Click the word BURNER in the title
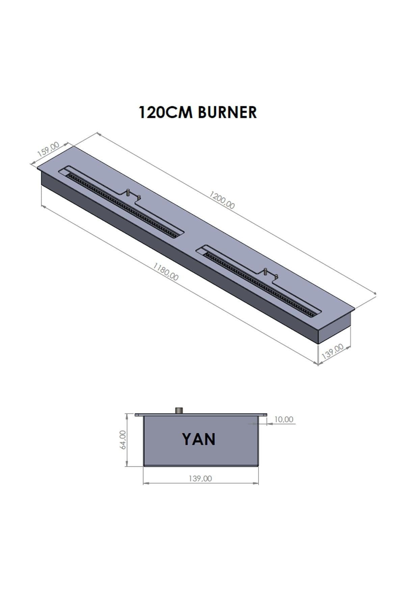(x=227, y=112)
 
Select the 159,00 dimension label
(x=48, y=149)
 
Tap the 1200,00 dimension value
(x=222, y=200)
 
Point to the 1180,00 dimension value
(x=165, y=272)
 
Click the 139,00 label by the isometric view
(x=332, y=351)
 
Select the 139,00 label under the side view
(x=200, y=479)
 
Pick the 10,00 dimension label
(x=283, y=419)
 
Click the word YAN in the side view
(x=198, y=439)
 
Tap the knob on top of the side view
(x=179, y=410)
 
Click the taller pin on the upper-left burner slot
(x=128, y=193)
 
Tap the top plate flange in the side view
(x=201, y=415)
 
